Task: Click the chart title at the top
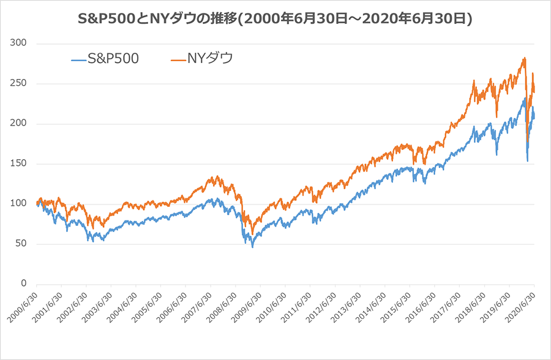click(275, 19)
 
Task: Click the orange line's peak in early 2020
click(525, 58)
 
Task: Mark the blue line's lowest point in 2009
click(252, 247)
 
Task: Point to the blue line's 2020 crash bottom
click(528, 161)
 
